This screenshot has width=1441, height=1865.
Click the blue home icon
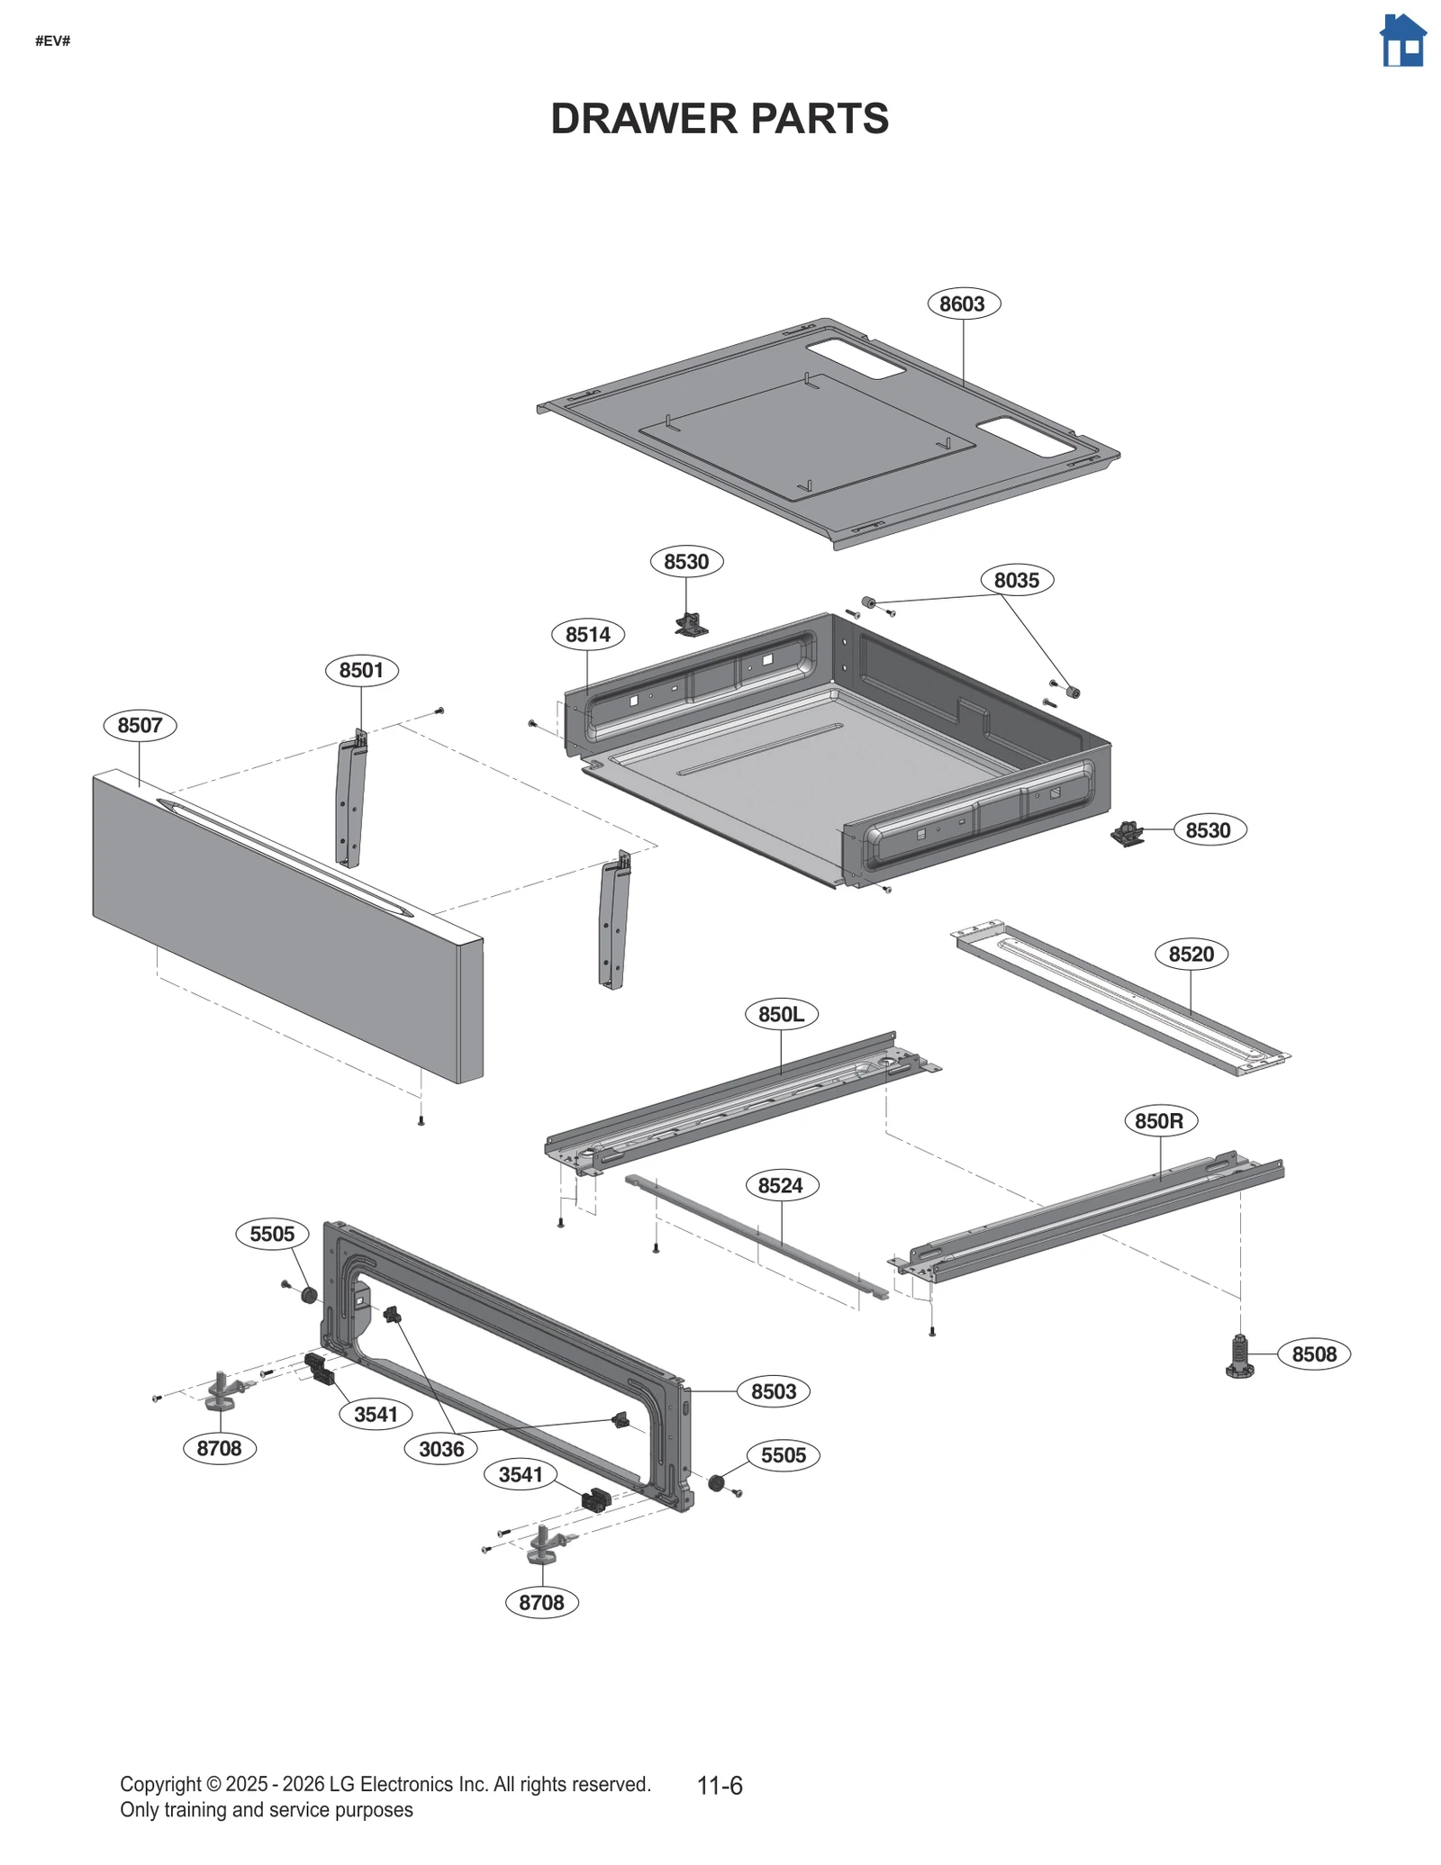coord(1402,41)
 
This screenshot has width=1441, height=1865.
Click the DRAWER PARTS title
coord(719,119)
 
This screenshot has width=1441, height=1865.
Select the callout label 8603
coord(962,303)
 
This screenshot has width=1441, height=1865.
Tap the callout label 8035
coord(1016,580)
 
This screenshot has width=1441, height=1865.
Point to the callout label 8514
coord(587,634)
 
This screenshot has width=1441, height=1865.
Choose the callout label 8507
coord(140,725)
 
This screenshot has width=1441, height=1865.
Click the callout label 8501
coord(360,670)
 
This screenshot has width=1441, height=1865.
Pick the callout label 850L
coord(780,1014)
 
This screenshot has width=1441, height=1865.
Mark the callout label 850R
coord(1158,1121)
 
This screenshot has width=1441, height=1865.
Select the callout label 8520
coord(1191,954)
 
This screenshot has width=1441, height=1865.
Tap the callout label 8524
coord(780,1185)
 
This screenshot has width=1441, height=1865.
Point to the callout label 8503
coord(773,1391)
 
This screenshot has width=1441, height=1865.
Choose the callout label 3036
coord(440,1449)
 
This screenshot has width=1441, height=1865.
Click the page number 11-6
coord(719,1786)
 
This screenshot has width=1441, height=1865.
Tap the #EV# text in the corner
coord(52,41)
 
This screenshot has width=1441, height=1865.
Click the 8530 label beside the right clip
coord(1208,830)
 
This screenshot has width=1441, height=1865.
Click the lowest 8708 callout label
coord(540,1602)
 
